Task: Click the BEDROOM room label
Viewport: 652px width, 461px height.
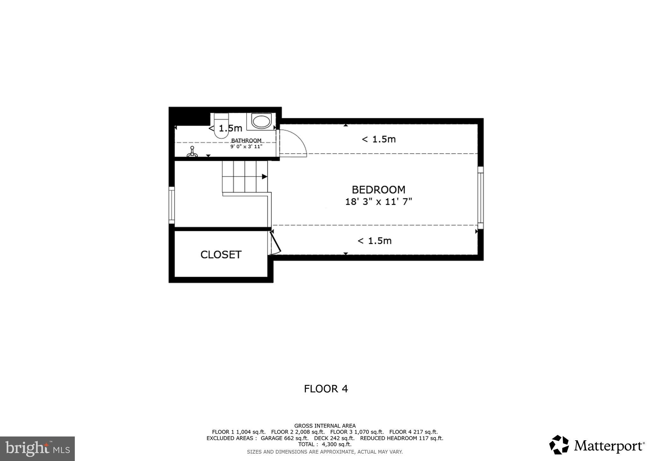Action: point(378,190)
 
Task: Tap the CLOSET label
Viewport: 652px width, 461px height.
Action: point(221,255)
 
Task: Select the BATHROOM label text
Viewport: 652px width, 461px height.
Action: point(246,140)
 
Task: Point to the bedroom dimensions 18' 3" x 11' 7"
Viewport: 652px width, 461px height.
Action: point(379,202)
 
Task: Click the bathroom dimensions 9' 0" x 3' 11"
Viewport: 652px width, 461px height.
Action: point(246,147)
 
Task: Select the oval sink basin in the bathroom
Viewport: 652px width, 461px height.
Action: point(261,122)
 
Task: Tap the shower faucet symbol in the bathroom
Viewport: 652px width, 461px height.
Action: point(192,152)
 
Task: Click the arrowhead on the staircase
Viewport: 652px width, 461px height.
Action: point(264,176)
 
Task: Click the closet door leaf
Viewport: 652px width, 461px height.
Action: point(275,242)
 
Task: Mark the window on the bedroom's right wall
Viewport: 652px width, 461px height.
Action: point(480,198)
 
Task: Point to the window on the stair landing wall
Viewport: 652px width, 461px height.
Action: point(172,205)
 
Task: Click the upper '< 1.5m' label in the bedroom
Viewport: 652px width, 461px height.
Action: point(379,139)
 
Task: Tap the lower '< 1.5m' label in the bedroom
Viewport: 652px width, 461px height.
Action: point(374,241)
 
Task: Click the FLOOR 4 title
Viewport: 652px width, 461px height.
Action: point(326,389)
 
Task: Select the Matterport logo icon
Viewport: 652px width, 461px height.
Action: point(559,445)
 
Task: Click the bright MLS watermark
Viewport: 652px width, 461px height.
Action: point(37,449)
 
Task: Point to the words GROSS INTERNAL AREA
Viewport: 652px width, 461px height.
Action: point(325,426)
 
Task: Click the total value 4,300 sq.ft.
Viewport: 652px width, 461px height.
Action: point(337,444)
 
